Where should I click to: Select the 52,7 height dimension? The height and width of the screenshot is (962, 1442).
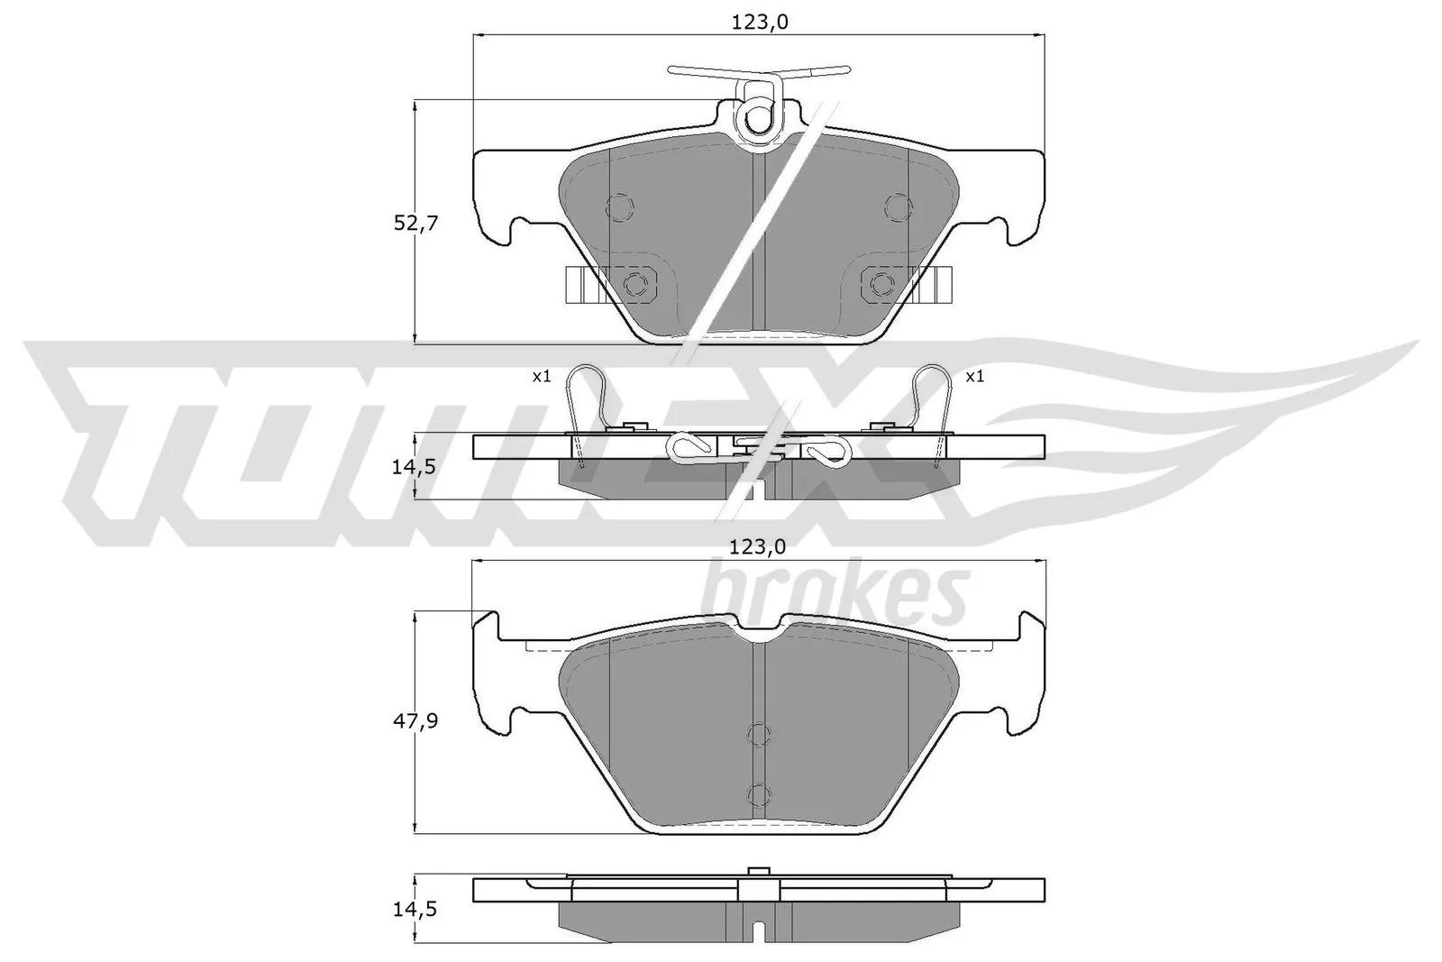pyautogui.click(x=415, y=223)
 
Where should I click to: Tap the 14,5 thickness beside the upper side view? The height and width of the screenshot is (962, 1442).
pyautogui.click(x=415, y=467)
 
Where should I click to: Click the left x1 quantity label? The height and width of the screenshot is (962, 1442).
pyautogui.click(x=541, y=377)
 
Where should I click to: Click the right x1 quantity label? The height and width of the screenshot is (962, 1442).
pyautogui.click(x=975, y=377)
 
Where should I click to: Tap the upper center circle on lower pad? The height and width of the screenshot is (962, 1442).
pyautogui.click(x=760, y=736)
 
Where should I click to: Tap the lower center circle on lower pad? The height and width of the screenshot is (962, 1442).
pyautogui.click(x=760, y=794)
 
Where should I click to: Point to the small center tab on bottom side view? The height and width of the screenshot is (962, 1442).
pyautogui.click(x=758, y=872)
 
